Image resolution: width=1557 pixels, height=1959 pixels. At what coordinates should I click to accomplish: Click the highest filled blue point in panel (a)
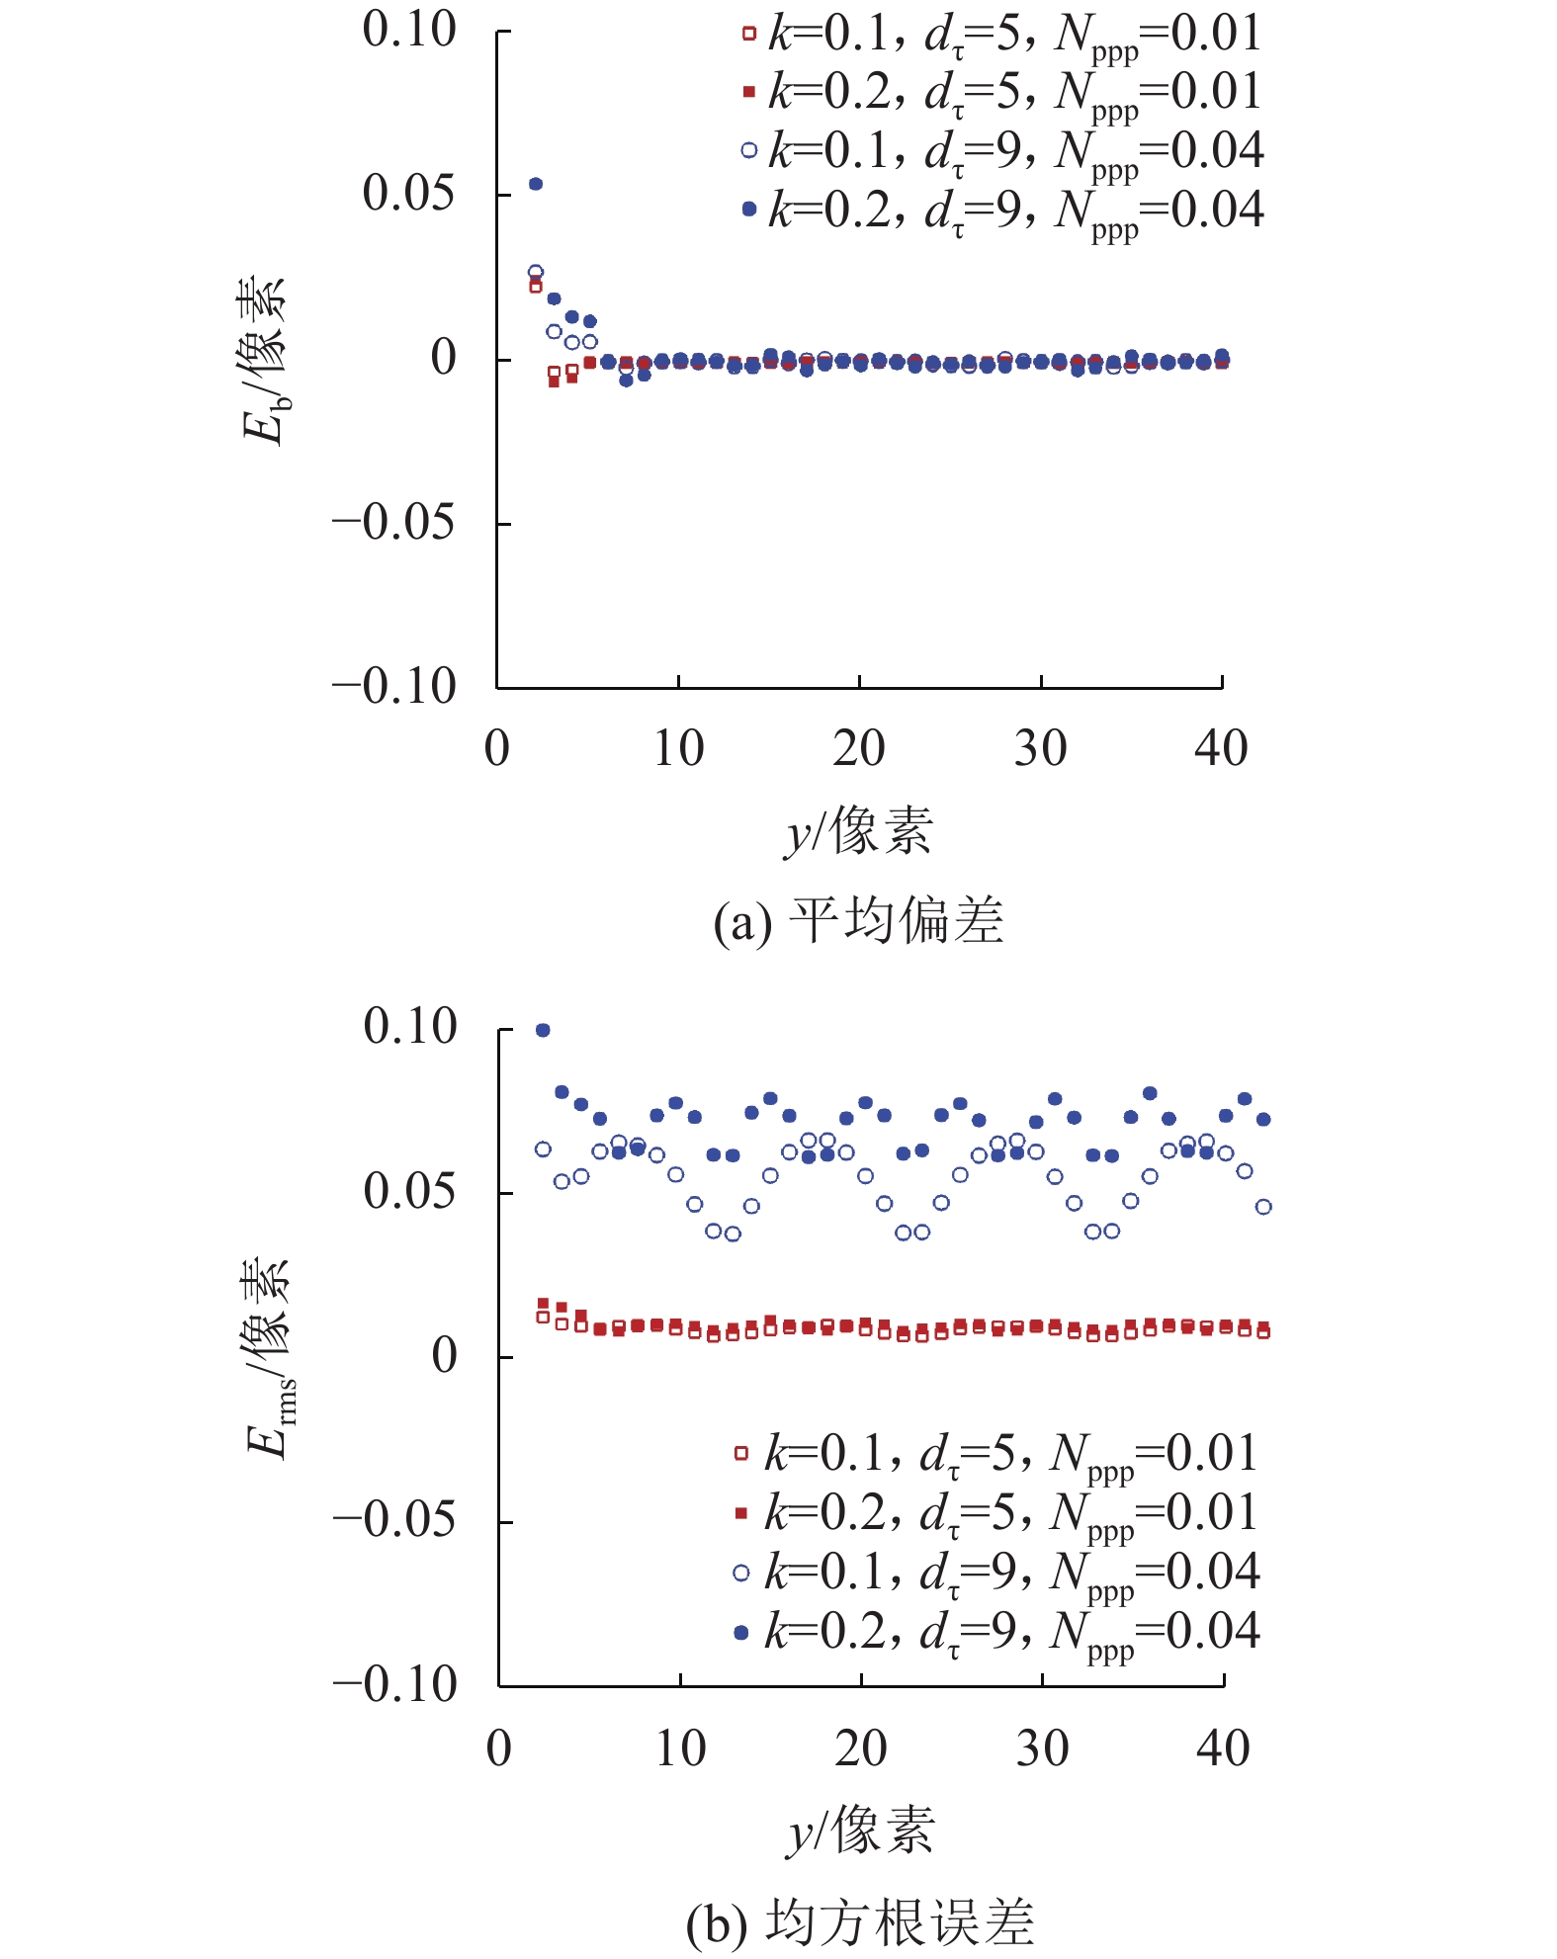(536, 184)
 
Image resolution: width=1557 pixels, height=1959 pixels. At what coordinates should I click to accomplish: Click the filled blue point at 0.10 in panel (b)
(543, 1030)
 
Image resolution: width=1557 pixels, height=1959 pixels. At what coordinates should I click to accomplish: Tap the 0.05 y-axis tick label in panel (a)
(409, 193)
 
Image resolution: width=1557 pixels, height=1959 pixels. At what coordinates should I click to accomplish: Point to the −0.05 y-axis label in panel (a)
(394, 522)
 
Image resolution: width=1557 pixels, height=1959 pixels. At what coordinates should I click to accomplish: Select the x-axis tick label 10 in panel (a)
(678, 748)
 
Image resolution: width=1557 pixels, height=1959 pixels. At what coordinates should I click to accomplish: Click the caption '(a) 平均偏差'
(858, 921)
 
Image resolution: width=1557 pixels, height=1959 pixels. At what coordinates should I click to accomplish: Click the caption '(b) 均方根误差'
(860, 1922)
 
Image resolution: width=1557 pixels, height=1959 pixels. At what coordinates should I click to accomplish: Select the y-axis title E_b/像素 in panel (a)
(263, 361)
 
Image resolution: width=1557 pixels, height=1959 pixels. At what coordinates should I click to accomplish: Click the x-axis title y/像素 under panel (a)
(858, 830)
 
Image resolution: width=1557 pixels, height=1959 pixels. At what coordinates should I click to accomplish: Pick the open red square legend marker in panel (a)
(748, 34)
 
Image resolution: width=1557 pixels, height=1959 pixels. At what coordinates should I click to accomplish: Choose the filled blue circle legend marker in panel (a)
(748, 210)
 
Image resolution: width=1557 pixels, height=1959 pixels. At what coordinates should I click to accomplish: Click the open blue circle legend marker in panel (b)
(741, 1573)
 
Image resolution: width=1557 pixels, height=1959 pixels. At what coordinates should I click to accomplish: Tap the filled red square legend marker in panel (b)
(741, 1513)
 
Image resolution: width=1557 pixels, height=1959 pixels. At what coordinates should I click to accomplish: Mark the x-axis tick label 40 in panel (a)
(1222, 748)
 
